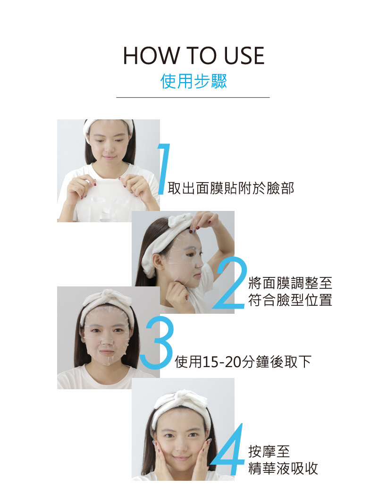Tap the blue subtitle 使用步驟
pyautogui.click(x=193, y=81)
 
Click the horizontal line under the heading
pyautogui.click(x=193, y=97)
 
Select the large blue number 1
pyautogui.click(x=164, y=169)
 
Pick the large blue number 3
pyautogui.click(x=157, y=343)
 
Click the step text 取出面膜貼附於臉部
pyautogui.click(x=231, y=188)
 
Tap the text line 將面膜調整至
pyautogui.click(x=290, y=283)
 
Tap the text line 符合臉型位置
pyautogui.click(x=290, y=300)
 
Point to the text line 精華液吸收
pyautogui.click(x=283, y=469)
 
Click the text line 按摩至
pyautogui.click(x=269, y=452)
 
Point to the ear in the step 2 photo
pyautogui.click(x=158, y=261)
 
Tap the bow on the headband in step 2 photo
pyautogui.click(x=181, y=219)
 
